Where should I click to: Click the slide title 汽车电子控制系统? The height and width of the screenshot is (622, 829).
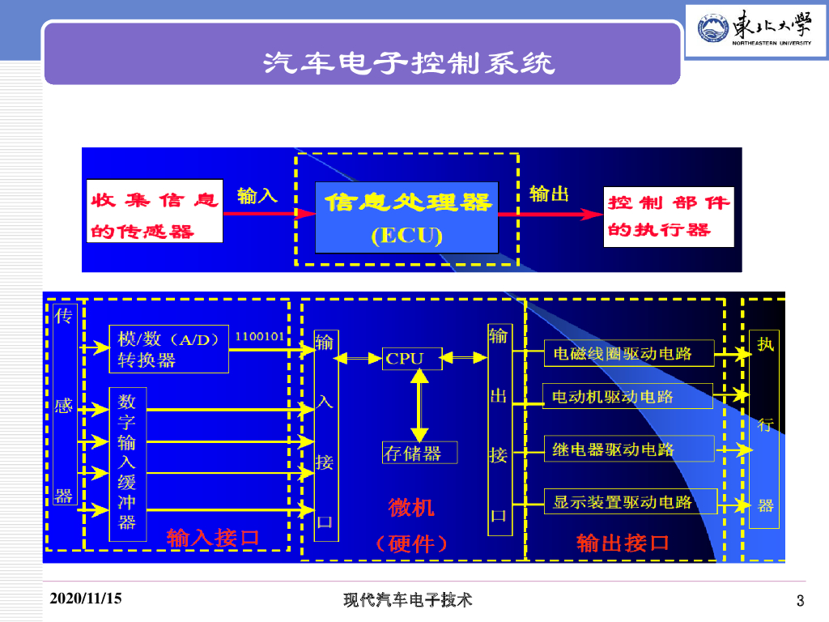point(409,62)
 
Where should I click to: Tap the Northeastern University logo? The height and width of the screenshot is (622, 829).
point(755,32)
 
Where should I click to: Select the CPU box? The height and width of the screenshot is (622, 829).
point(413,358)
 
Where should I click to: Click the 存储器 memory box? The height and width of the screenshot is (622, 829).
point(419,453)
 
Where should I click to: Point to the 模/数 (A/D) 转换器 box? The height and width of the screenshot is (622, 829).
point(168,349)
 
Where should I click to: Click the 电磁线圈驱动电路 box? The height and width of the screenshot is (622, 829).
point(628,353)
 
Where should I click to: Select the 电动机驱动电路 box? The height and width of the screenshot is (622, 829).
point(627,397)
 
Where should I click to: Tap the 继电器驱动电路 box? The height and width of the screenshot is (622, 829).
point(628,449)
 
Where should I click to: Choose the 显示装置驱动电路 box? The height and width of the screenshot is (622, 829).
point(629,501)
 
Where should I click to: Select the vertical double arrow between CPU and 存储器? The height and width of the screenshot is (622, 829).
point(419,404)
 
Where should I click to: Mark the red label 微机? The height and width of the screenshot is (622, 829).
point(411,508)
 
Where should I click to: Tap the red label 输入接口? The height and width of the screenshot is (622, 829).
point(213,537)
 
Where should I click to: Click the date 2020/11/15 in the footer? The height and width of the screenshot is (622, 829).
point(86,599)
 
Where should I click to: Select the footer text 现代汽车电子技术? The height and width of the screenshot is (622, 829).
point(407,600)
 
